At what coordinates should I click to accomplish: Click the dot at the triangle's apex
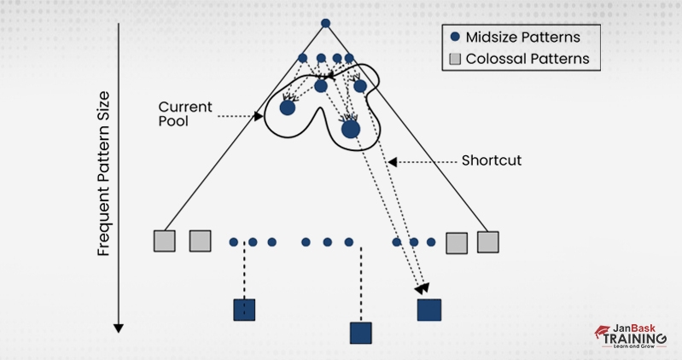click(325, 23)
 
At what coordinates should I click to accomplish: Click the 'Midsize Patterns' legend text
click(523, 37)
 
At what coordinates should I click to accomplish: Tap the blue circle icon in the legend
click(455, 37)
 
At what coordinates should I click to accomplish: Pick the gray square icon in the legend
click(455, 60)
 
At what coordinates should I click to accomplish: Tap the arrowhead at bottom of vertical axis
click(119, 328)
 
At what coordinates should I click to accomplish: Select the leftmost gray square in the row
click(164, 241)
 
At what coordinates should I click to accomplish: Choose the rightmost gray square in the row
click(487, 241)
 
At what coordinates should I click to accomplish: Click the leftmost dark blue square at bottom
click(245, 310)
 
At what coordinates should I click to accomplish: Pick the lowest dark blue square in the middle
click(361, 333)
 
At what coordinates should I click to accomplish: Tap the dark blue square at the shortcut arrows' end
click(429, 310)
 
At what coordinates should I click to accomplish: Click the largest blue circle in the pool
click(351, 129)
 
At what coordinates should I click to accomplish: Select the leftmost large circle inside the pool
click(288, 107)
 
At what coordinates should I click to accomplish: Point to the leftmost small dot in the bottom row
click(233, 242)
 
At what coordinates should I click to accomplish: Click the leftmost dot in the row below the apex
click(302, 58)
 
